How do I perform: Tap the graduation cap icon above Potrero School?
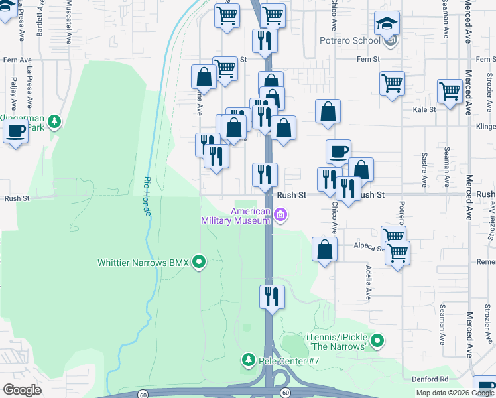[x=387, y=25]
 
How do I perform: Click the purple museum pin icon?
[x=280, y=214]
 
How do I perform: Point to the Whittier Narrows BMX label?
[x=143, y=263]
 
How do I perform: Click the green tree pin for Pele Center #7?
[x=248, y=360]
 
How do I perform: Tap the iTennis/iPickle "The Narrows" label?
[x=337, y=342]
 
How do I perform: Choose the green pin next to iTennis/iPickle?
[x=377, y=342]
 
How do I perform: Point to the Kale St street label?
[x=424, y=109]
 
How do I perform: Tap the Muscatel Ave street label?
[x=69, y=22]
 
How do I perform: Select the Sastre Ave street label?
[x=424, y=169]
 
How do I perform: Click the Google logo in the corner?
[x=22, y=390]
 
